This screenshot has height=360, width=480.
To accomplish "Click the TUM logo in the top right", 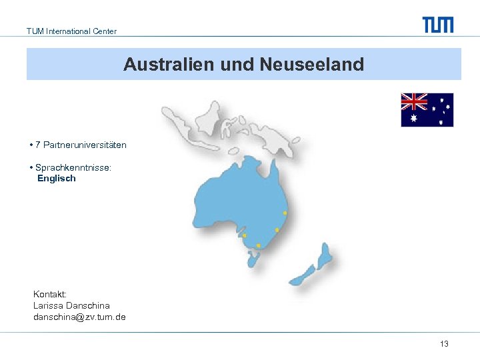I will tap(438, 25).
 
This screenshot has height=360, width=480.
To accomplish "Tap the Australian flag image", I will tap(427, 110).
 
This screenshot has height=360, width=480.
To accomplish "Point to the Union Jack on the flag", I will tap(414, 101).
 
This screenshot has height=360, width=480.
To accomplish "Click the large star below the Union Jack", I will tap(413, 119).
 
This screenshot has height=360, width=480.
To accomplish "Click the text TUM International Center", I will tap(71, 31).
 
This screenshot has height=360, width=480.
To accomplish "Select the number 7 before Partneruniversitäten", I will tap(38, 145).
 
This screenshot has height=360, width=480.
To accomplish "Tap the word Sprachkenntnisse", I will tap(73, 168).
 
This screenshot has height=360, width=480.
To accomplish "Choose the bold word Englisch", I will tap(57, 179).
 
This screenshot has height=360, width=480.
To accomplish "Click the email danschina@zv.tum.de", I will tap(79, 317).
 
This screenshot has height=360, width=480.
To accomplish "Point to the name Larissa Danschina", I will tap(71, 306).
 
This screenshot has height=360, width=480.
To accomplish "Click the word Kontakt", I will tap(49, 294).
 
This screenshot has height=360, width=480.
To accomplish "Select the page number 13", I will tap(444, 344).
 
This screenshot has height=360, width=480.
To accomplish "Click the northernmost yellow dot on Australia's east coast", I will tap(285, 213).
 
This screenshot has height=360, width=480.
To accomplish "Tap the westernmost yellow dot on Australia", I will tap(244, 235).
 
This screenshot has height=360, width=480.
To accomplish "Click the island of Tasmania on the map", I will tap(253, 260).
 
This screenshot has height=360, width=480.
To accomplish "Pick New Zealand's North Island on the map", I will tap(325, 253).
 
